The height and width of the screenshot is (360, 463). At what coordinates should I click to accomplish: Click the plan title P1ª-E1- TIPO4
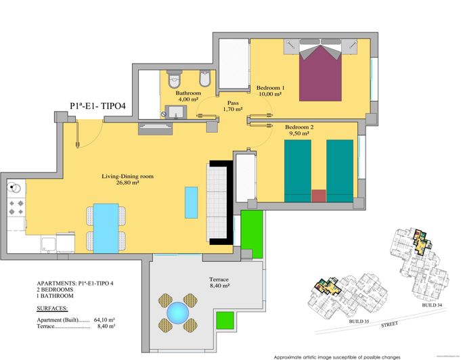coord(102,106)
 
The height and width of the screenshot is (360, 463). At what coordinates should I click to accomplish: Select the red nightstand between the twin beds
coord(318,196)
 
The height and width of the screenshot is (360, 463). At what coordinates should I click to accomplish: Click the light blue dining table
coord(106,227)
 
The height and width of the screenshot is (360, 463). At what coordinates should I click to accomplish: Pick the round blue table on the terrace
coord(178,313)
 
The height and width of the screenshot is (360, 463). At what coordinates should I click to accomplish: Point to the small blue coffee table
coord(192,201)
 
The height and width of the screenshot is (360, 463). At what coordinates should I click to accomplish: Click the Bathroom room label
coord(188,93)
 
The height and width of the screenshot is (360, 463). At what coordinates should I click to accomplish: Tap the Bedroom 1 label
coord(270,88)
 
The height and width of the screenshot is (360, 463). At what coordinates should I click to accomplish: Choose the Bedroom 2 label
coord(299,127)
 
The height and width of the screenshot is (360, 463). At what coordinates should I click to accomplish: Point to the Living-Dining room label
coord(128,176)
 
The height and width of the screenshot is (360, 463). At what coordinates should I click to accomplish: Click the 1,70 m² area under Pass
coord(233,109)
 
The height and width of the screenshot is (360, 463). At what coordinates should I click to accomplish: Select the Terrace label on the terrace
coord(219,279)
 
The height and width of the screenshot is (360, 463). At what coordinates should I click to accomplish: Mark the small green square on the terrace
coord(224,318)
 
